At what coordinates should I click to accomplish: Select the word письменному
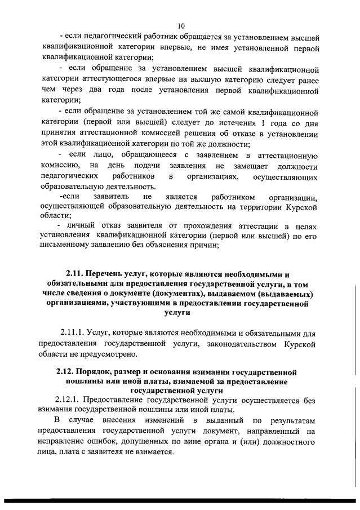click(65, 245)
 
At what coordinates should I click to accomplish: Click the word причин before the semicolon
click(205, 245)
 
